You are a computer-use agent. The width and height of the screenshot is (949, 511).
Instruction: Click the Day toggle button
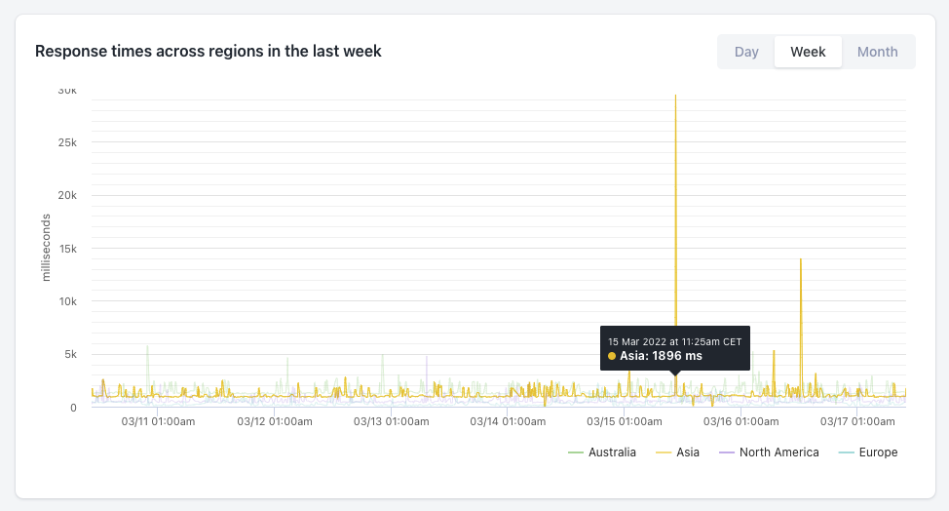(746, 52)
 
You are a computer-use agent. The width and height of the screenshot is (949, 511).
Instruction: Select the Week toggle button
(808, 52)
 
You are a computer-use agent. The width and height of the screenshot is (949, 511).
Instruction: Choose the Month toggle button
(877, 52)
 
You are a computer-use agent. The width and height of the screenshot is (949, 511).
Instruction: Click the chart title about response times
(209, 51)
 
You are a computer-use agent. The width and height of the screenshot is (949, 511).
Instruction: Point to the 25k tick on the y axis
(67, 142)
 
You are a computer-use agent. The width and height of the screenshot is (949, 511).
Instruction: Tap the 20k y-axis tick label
(67, 195)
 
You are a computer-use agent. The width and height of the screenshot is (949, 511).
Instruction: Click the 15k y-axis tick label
(67, 249)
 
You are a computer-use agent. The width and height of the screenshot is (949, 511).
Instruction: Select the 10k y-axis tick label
(67, 301)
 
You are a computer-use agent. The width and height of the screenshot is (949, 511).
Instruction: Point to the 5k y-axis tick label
(70, 354)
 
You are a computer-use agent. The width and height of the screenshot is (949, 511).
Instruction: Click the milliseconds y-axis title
(46, 249)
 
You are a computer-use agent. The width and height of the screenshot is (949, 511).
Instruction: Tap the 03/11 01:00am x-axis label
(158, 422)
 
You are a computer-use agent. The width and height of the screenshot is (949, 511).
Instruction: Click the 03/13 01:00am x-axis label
(391, 422)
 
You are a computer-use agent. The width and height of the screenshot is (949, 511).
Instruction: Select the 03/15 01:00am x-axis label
(624, 422)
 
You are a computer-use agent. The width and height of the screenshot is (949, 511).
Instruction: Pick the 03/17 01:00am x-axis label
(857, 422)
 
